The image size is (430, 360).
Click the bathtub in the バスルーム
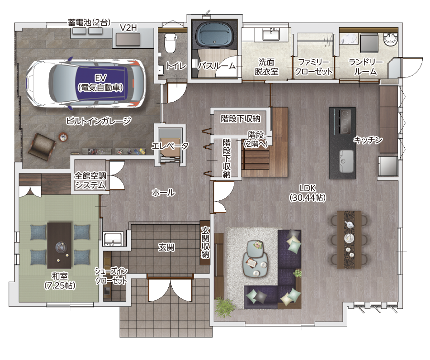coord(214,34)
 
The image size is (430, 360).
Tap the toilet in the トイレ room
coord(170,43)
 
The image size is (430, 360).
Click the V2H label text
coord(128,28)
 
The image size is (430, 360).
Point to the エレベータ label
coord(170,146)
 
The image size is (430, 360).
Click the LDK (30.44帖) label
coord(308,193)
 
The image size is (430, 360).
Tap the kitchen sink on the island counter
coord(346,162)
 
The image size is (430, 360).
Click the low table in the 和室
coord(59,245)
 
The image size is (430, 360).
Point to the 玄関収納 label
coord(205,242)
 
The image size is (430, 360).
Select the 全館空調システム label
coord(90,180)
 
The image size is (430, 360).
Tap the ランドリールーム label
coord(365,66)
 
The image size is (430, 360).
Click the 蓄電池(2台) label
coord(89,22)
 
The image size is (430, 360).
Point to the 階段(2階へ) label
coord(255,139)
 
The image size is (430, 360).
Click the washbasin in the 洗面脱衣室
coord(271,34)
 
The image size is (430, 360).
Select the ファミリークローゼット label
coord(313,67)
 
